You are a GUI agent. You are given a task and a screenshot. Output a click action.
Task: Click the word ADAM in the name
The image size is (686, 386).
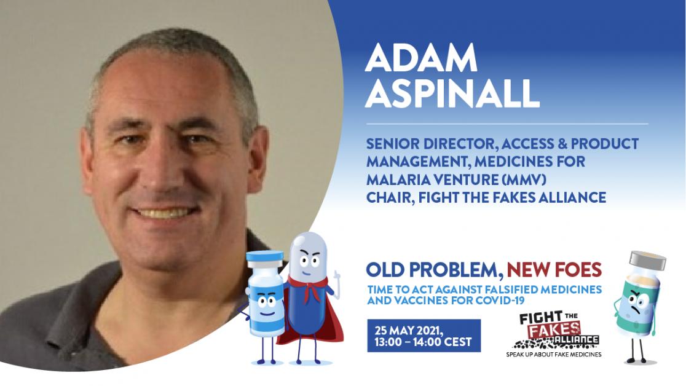[421, 57]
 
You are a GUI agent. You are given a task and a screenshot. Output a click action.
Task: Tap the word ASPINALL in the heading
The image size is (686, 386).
[452, 93]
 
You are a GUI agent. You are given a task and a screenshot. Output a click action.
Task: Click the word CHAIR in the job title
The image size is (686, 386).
[388, 198]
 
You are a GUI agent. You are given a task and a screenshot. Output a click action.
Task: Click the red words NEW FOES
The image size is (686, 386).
[554, 270]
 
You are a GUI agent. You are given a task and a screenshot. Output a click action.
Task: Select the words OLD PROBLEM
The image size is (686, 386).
[433, 270]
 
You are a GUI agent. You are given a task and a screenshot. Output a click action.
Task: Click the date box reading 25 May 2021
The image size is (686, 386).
[424, 336]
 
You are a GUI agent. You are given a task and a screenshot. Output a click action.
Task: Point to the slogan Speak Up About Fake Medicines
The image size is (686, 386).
[554, 355]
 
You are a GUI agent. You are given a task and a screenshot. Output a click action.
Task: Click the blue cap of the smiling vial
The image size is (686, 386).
[265, 259]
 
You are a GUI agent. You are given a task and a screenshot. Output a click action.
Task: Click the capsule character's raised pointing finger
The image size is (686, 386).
[336, 277]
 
